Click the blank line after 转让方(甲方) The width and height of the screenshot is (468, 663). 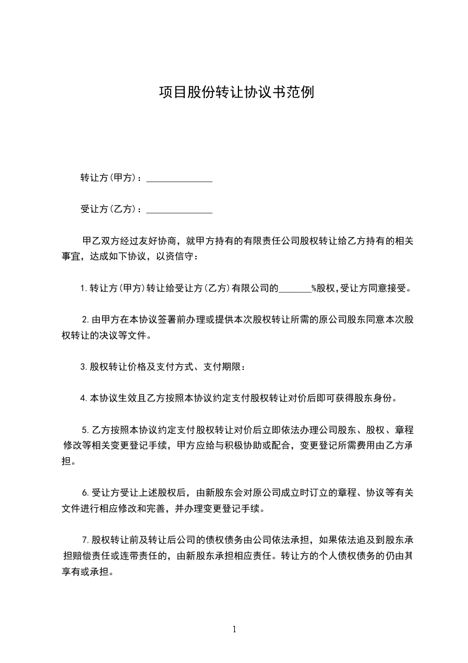[179, 179]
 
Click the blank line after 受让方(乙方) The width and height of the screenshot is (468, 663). [179, 210]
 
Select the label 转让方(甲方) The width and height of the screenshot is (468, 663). [109, 178]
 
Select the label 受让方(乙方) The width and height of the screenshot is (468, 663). [109, 209]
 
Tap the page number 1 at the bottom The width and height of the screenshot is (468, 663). [234, 629]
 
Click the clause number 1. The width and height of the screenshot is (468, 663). [83, 289]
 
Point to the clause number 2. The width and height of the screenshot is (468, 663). [85, 320]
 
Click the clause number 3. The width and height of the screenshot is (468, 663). [83, 367]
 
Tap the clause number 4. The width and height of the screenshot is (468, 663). [83, 398]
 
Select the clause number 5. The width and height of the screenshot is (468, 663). [85, 428]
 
